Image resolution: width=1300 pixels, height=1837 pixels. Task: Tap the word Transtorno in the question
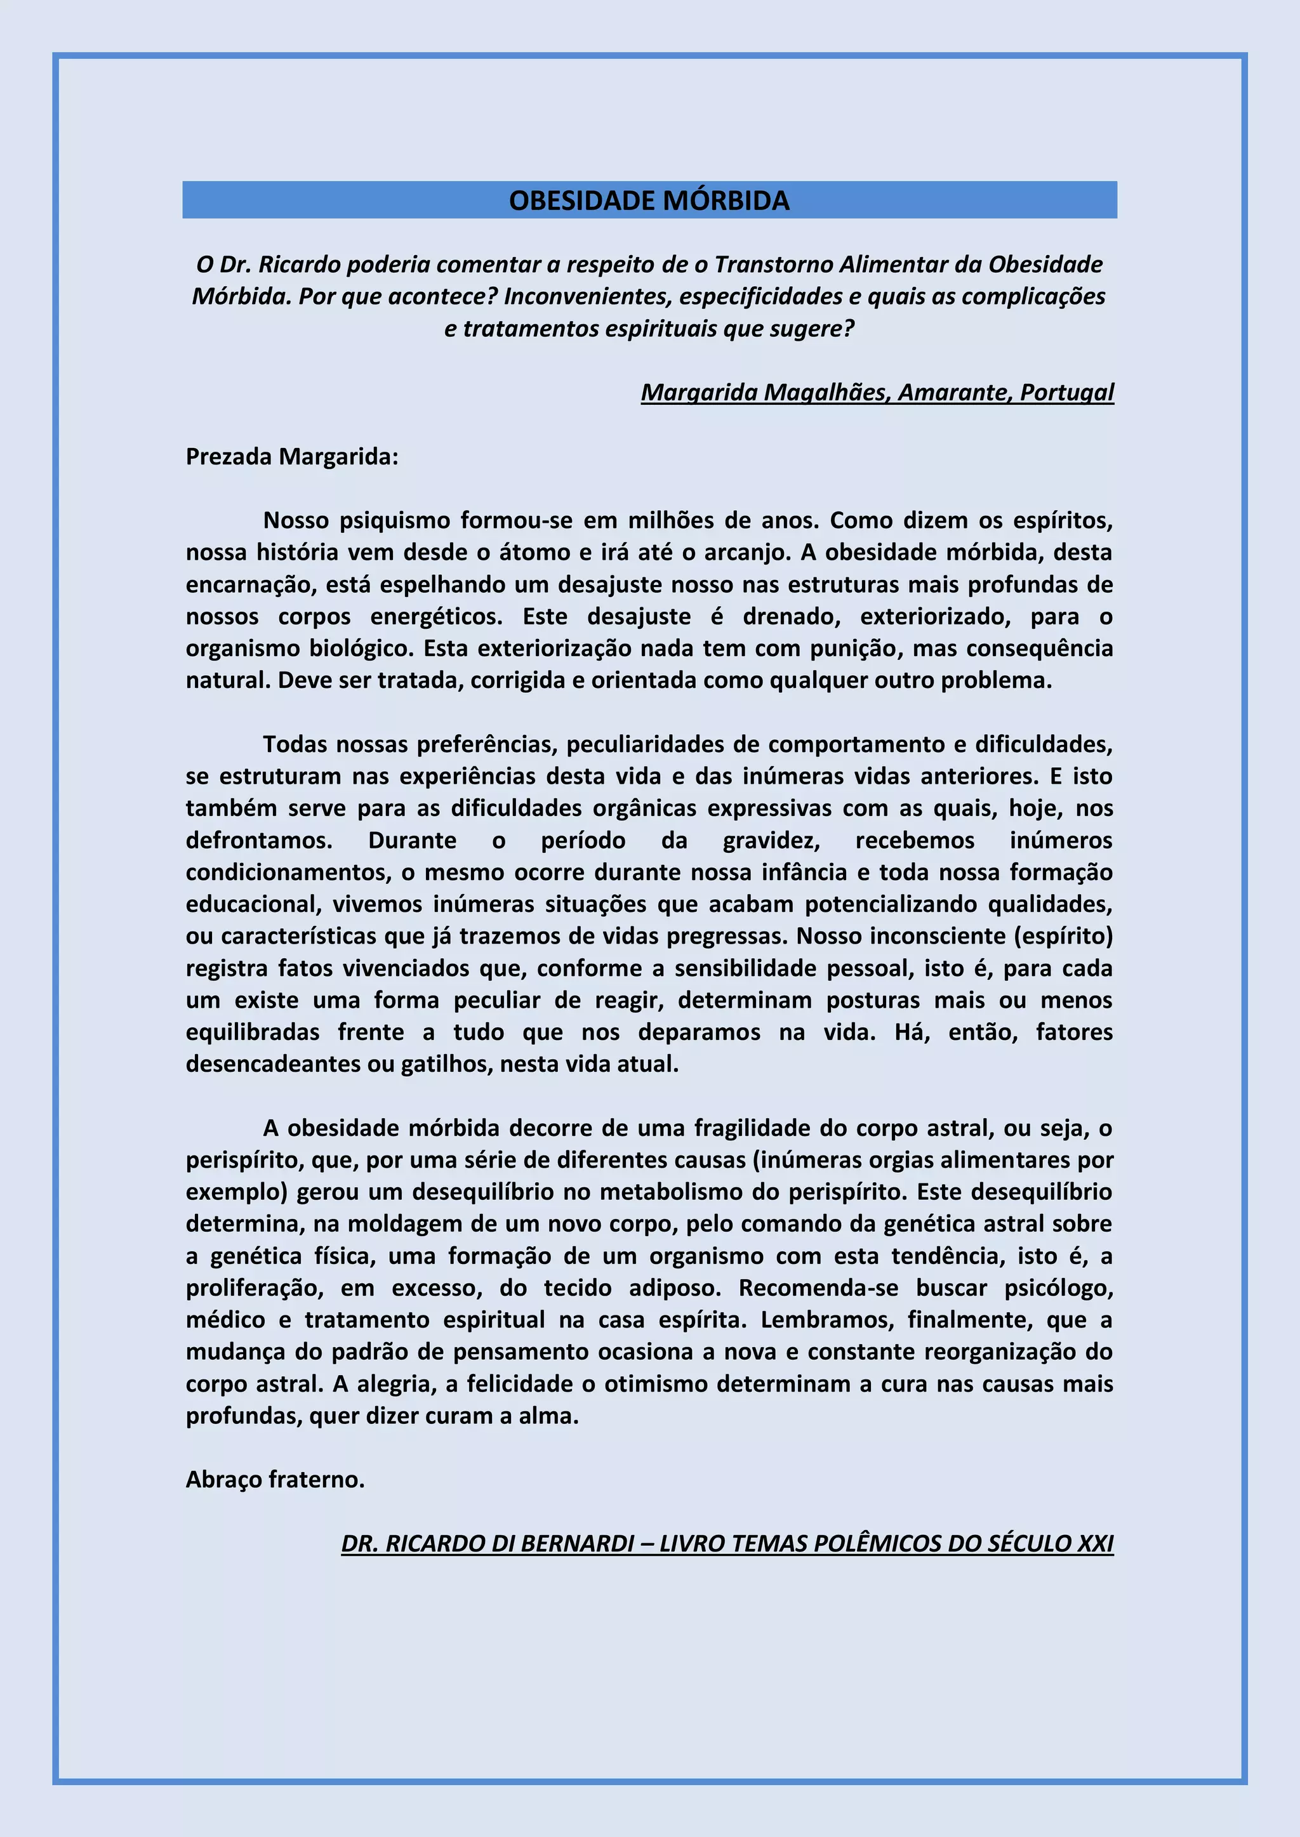[x=773, y=265]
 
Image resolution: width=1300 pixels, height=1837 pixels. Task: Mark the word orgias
[x=892, y=1160]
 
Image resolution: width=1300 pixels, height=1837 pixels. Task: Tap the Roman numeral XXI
[x=1094, y=1544]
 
